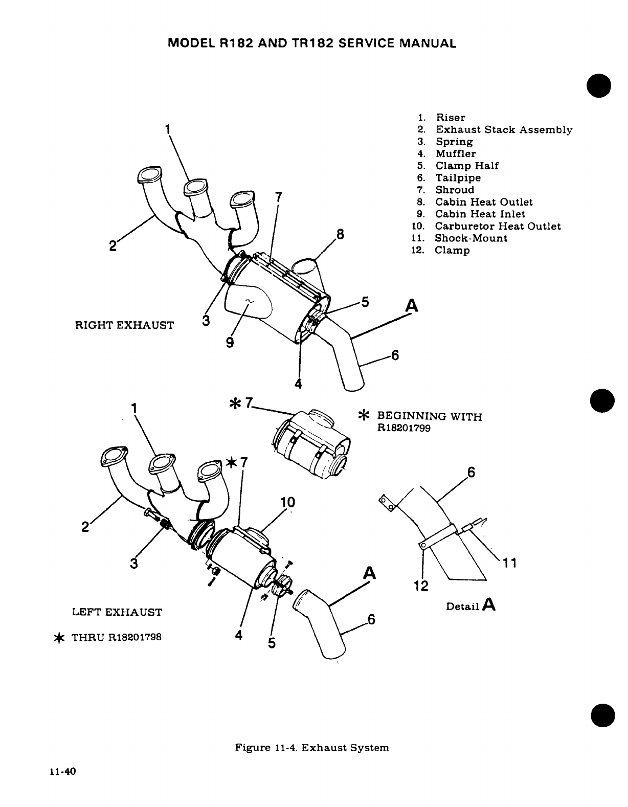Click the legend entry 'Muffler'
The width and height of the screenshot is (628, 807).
[455, 153]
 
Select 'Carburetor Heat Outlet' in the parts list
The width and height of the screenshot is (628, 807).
[498, 226]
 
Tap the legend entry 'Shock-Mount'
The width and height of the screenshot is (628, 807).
[471, 238]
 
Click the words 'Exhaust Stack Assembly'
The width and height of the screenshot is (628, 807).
[504, 129]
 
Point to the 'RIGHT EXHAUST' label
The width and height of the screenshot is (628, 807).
[124, 325]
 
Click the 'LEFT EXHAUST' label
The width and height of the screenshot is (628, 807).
[117, 612]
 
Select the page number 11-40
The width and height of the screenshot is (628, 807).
[63, 772]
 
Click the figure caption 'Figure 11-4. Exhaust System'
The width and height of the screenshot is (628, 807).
[312, 748]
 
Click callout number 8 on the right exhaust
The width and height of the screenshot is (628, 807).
[341, 236]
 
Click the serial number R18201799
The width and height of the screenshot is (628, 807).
[403, 428]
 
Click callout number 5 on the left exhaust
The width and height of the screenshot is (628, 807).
[272, 643]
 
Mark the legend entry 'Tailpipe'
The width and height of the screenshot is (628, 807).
[458, 177]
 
